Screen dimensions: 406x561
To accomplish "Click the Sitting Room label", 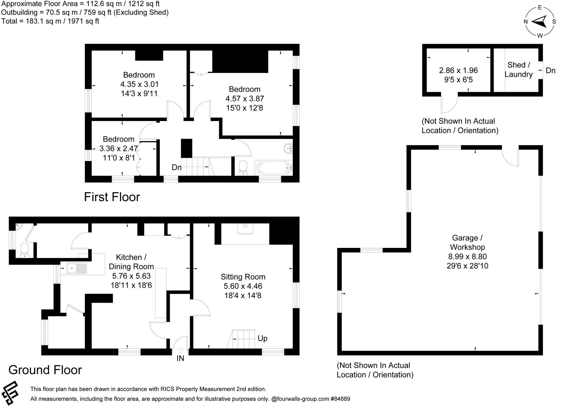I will [x=243, y=277].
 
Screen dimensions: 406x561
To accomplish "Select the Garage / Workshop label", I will [x=467, y=242].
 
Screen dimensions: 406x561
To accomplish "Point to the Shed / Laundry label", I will [x=518, y=70].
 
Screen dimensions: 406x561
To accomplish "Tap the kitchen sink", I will [x=76, y=268].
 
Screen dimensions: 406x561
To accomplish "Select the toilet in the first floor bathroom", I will [x=243, y=168].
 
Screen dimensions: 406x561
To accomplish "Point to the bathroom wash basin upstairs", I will [x=288, y=148].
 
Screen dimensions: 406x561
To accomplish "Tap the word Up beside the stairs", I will [x=262, y=338].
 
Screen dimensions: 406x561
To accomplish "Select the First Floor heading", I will [x=112, y=197].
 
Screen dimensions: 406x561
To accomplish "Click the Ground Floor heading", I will [x=45, y=370].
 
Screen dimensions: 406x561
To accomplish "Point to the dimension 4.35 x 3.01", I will [x=139, y=84].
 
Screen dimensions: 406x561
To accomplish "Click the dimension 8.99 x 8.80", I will [x=467, y=256].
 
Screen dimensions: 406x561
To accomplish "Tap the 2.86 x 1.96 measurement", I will [x=458, y=70].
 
